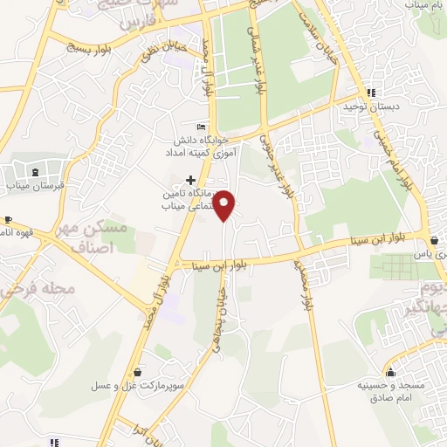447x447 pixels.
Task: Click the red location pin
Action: click(x=225, y=204)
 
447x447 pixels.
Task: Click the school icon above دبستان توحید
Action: click(x=372, y=92)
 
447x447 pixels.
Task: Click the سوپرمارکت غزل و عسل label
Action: click(x=140, y=384)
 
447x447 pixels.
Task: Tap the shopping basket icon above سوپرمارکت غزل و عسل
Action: click(x=140, y=369)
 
